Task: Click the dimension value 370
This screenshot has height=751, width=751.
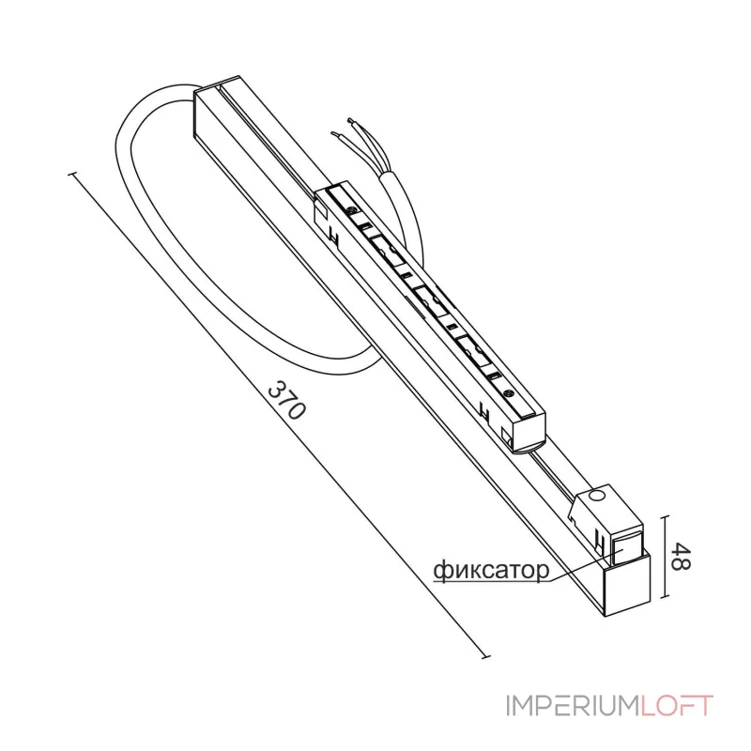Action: [x=286, y=399]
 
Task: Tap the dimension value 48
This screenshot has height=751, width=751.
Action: [x=680, y=556]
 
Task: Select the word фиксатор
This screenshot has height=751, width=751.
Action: [x=491, y=570]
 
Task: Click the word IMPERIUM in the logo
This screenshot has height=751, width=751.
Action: [x=573, y=706]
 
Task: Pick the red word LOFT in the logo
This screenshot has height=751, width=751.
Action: [x=677, y=706]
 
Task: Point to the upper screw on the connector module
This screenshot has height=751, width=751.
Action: [x=353, y=209]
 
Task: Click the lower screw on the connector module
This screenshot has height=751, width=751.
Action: [x=509, y=393]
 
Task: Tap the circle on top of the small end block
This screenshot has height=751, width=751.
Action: [x=597, y=496]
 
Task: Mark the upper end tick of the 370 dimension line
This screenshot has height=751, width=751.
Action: [x=73, y=174]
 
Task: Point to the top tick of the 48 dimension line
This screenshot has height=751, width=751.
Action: [x=664, y=517]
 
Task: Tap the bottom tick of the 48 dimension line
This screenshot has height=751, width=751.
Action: [x=664, y=597]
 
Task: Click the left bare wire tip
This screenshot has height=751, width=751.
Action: [x=334, y=134]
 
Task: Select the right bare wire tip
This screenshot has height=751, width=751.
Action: [x=351, y=120]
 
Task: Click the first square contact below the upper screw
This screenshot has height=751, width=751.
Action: [x=366, y=225]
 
